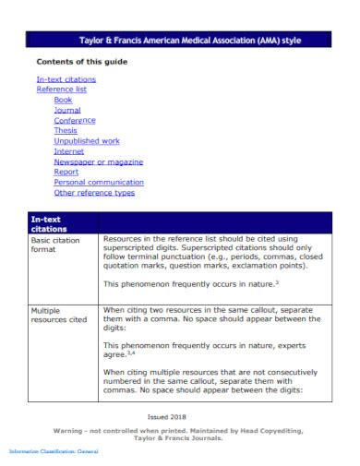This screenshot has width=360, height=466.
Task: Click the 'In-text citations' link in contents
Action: point(66,79)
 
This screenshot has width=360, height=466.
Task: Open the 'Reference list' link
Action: point(61,90)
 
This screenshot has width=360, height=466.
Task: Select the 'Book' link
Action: point(63,100)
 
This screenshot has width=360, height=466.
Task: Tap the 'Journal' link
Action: point(67,110)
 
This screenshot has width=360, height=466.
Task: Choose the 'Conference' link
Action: point(75,120)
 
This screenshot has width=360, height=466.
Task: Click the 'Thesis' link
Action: point(66,130)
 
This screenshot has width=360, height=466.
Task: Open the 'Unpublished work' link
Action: point(87,140)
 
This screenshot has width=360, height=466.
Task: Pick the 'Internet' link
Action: point(69,150)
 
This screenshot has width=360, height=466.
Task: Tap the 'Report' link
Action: point(66,172)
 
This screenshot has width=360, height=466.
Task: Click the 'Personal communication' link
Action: point(99,182)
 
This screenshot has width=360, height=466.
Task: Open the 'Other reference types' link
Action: point(94,192)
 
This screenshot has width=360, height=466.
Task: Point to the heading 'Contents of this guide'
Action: point(81,61)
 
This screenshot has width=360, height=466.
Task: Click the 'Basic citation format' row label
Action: point(57,245)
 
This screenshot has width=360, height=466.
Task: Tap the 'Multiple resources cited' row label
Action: point(59,315)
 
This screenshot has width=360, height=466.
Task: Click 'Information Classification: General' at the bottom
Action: point(54,450)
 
